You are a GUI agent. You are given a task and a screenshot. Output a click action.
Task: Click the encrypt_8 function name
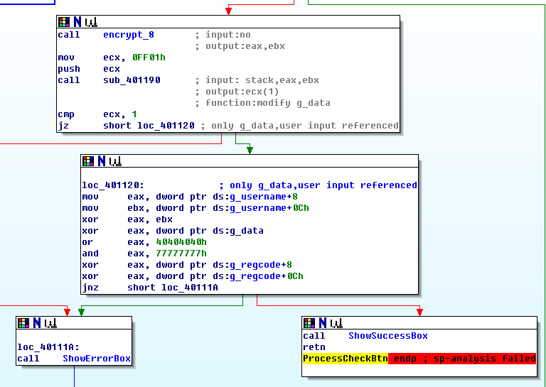[x=128, y=35]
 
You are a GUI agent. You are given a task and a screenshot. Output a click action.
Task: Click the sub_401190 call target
[x=131, y=80]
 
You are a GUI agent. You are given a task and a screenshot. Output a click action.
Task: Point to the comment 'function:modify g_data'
[x=267, y=103]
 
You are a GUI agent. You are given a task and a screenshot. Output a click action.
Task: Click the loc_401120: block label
[x=113, y=185]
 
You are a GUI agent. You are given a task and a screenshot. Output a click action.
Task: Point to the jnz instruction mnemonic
[x=90, y=288]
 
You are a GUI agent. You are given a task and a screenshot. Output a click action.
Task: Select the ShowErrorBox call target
[x=97, y=359]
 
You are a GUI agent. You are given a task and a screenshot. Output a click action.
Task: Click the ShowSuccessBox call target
[x=388, y=336]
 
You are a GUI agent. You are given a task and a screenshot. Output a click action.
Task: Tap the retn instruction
[x=314, y=347]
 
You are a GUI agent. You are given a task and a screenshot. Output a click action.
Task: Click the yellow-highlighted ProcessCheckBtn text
[x=345, y=359]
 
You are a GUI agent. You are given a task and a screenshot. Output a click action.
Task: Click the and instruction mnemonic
[x=90, y=254]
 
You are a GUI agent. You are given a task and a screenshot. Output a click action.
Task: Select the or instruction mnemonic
[x=87, y=242]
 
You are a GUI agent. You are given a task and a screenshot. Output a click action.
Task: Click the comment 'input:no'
[x=227, y=35]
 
